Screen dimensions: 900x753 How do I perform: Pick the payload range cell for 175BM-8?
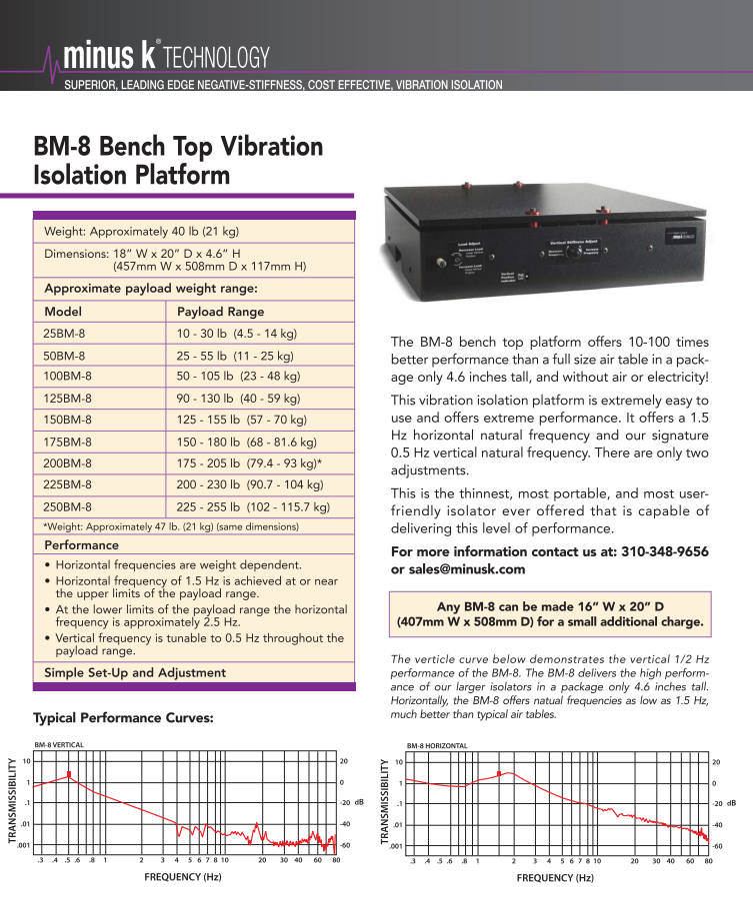[247, 441]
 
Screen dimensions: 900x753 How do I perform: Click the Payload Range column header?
[220, 311]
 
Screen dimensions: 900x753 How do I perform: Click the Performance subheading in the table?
[81, 545]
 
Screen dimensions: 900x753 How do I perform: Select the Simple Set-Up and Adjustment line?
[135, 672]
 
